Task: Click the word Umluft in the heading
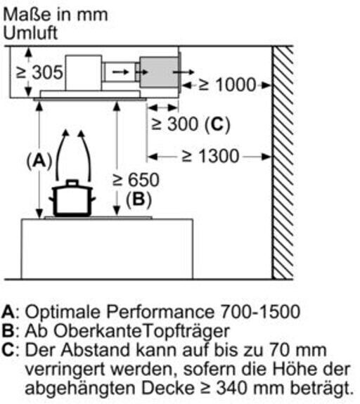[x=30, y=33]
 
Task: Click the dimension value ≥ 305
[x=39, y=72]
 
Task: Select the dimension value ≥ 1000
[x=227, y=85]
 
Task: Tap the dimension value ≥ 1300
[x=210, y=156]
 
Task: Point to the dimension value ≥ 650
[x=136, y=180]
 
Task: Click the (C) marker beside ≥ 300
[x=217, y=124]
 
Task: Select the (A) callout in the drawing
[x=39, y=160]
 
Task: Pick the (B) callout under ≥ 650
[x=139, y=199]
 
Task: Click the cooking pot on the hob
[x=72, y=198]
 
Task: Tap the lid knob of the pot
[x=72, y=183]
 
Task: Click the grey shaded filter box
[x=159, y=72]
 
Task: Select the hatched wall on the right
[x=283, y=162]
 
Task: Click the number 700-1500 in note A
[x=260, y=312]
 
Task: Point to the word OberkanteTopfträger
[x=141, y=332]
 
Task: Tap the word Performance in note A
[x=160, y=312]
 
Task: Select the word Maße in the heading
[x=27, y=15]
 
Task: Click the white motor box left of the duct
[x=83, y=73]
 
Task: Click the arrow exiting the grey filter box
[x=184, y=72]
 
